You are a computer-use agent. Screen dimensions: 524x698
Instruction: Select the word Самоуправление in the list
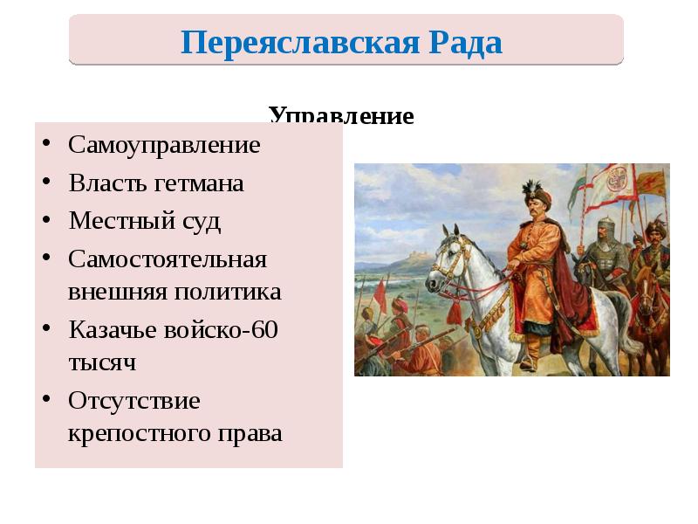[165, 144]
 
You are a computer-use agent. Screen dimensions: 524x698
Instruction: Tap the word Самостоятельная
[168, 260]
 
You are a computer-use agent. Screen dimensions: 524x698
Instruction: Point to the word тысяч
[102, 362]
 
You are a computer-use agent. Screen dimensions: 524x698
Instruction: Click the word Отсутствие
[134, 401]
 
